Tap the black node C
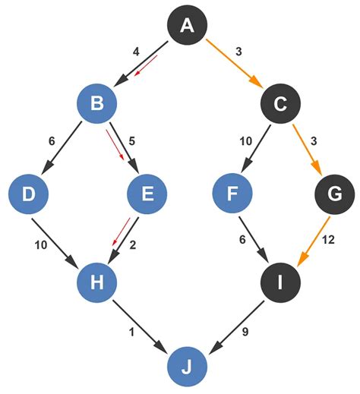[279, 104]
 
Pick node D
[29, 194]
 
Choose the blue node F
[232, 194]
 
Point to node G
[332, 194]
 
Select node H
[96, 282]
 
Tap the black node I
[279, 282]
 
